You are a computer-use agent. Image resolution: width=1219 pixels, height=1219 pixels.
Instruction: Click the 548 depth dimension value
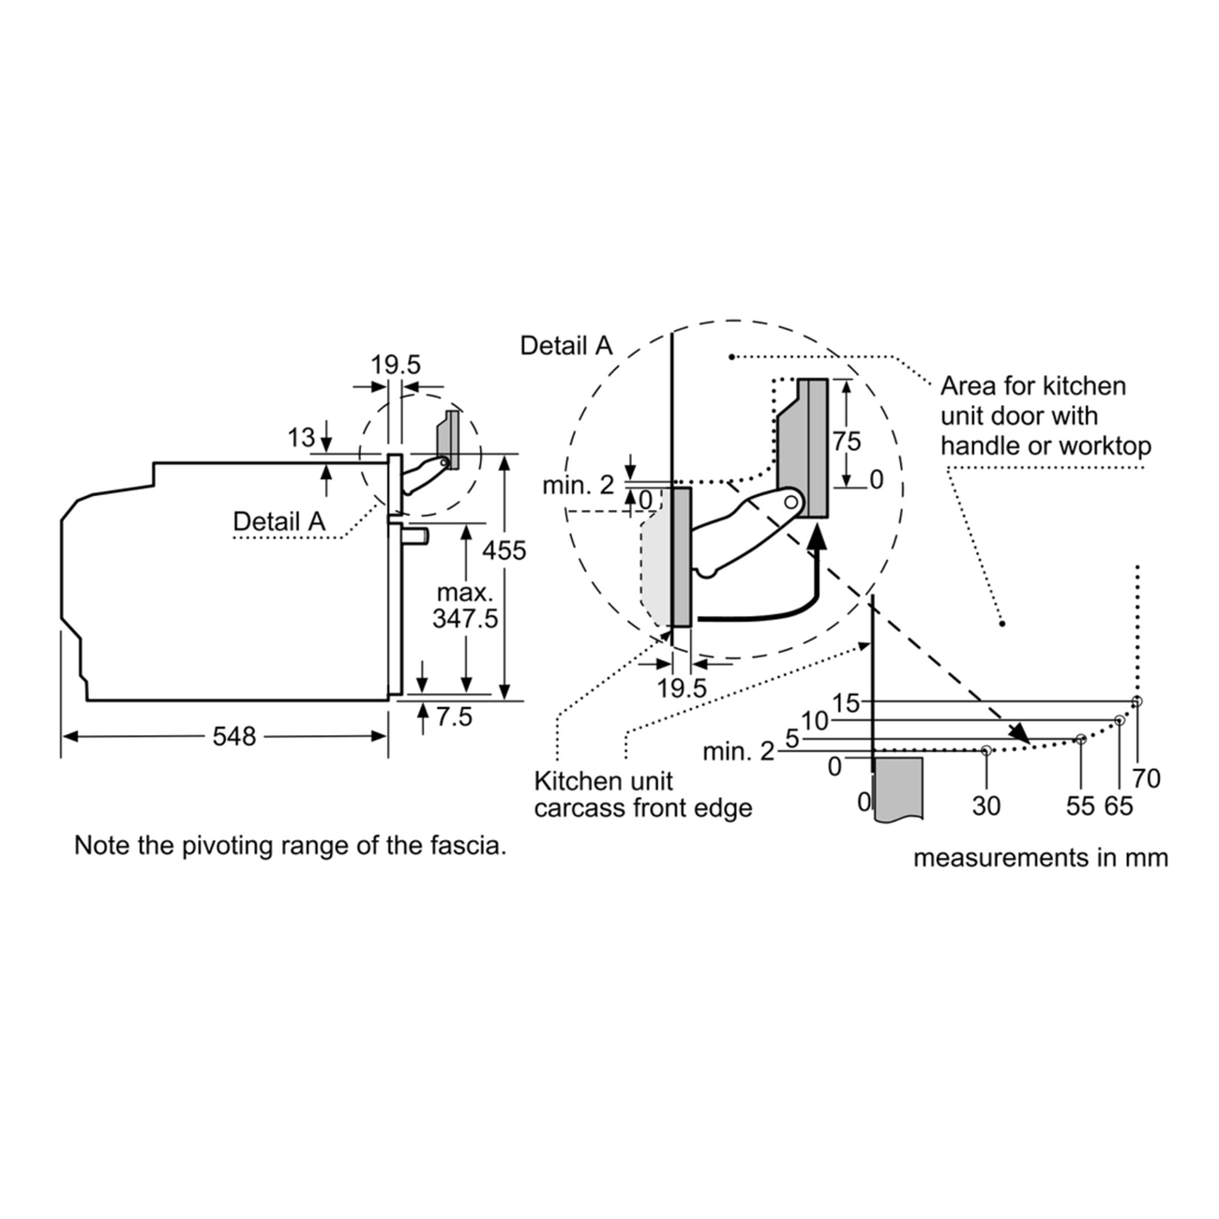coord(234,736)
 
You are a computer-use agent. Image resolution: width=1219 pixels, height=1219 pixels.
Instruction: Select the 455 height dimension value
coord(504,550)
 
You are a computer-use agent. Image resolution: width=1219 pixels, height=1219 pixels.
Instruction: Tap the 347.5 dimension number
coord(466,618)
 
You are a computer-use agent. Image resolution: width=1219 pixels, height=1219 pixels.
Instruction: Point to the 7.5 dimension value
coord(454,716)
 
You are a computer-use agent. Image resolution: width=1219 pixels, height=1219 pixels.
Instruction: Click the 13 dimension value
coord(301,437)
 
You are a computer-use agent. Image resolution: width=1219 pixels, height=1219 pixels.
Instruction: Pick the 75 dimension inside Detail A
coord(847,441)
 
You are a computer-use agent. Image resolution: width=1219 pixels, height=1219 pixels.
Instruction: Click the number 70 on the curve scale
coord(1146,778)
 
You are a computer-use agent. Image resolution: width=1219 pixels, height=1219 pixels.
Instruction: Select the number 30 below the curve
coord(986,805)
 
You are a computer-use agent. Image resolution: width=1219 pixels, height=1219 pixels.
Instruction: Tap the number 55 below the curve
coord(1080,805)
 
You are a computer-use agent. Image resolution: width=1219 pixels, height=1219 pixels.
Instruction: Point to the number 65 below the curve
coord(1119,805)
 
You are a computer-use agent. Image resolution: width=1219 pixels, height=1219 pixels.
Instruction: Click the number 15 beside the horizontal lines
coord(846,703)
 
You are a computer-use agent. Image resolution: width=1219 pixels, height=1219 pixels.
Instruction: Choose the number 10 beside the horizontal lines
coord(815,720)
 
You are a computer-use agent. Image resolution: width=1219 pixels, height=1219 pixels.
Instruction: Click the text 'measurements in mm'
coord(1041,858)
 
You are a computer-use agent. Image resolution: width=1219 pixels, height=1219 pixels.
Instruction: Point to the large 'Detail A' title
coord(566,345)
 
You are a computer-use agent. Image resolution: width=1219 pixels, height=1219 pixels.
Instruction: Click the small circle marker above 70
coord(1136,700)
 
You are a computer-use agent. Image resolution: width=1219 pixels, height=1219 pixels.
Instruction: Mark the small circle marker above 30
coord(986,751)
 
